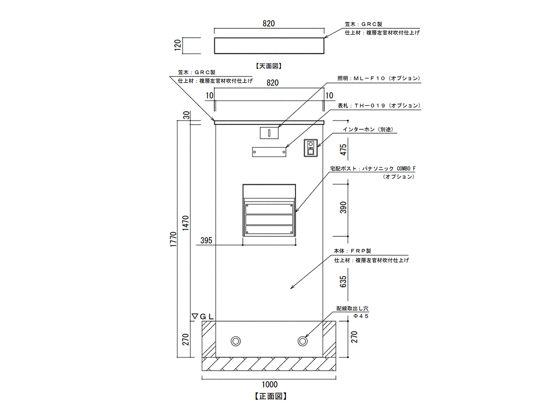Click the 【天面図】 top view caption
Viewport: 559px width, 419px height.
coord(269,66)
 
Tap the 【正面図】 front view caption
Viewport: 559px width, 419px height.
coord(270,397)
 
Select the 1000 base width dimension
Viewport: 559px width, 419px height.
coord(269,385)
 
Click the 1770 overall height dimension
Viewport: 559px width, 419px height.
coord(173,240)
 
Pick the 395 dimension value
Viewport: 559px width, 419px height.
coord(206,241)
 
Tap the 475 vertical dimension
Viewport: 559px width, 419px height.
coord(344,150)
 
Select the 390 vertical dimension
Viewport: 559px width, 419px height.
coord(344,207)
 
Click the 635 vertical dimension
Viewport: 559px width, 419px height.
coord(344,282)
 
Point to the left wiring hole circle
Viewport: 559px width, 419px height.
coord(236,341)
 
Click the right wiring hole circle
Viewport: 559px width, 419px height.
coord(303,341)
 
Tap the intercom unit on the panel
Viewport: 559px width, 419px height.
coord(310,148)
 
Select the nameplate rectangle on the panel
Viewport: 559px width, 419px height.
coord(269,152)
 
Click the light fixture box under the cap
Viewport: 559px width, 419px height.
coord(269,133)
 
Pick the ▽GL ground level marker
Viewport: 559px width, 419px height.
coord(203,317)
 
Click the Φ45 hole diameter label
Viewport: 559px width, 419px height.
coord(361,316)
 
